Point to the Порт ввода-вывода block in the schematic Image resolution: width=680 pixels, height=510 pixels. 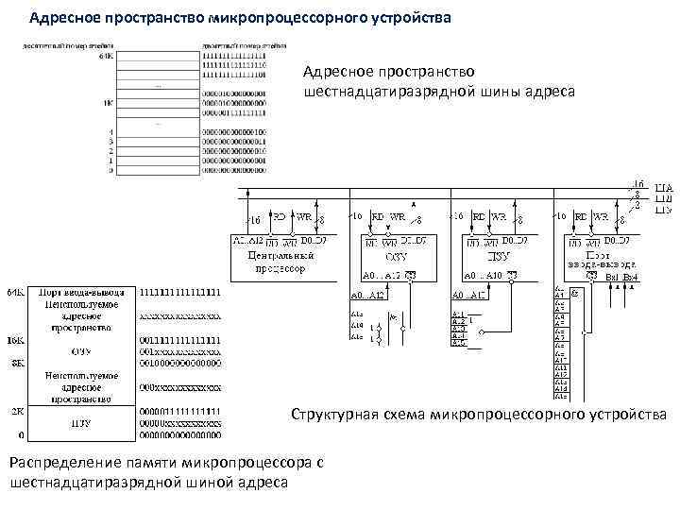[595, 261]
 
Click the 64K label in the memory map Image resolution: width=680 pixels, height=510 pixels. [15, 294]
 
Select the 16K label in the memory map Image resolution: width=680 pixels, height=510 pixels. [15, 339]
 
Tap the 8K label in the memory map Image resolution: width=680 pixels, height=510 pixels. [17, 362]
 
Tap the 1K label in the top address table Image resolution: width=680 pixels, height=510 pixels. [110, 101]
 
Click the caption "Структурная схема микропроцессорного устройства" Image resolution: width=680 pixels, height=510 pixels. [478, 415]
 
